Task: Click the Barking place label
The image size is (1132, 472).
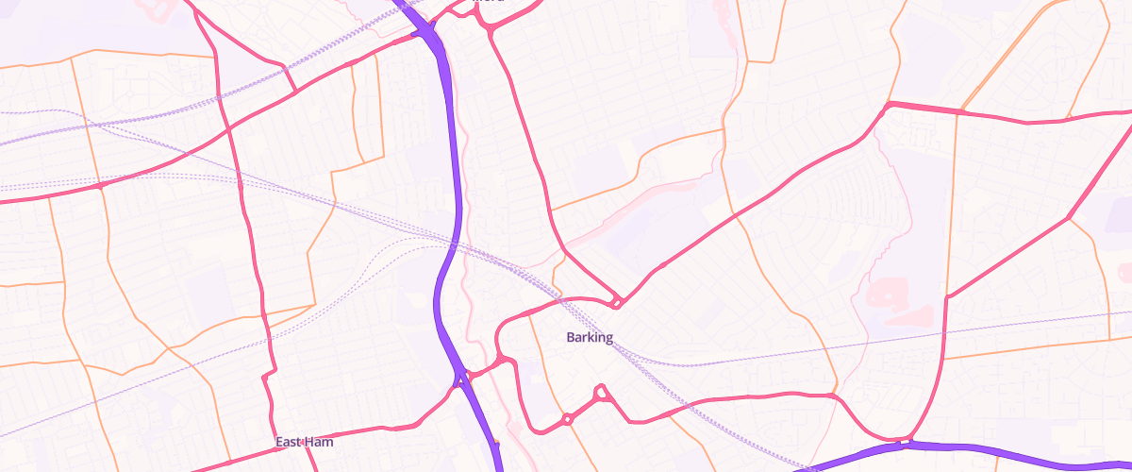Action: point(590,337)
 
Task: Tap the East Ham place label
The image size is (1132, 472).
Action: point(305,441)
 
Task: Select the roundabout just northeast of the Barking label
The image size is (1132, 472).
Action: point(616,302)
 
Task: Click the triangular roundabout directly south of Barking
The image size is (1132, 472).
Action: point(600,392)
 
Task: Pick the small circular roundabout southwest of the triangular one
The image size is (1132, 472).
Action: point(568,419)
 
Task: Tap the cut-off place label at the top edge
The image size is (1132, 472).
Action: point(488,2)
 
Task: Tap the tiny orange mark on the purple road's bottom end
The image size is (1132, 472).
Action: point(496,442)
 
